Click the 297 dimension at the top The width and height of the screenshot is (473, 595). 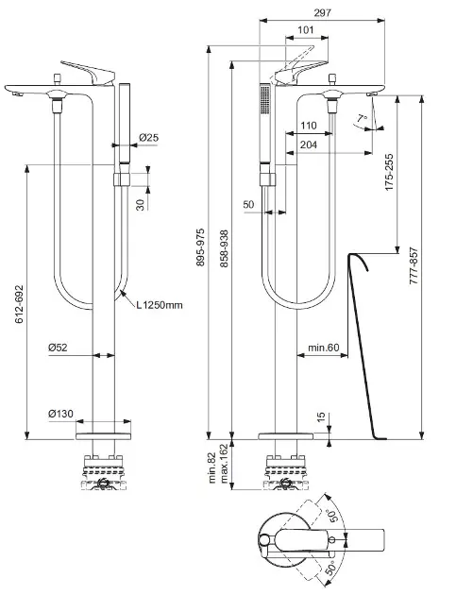pos(322,12)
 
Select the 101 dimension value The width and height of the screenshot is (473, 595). pos(306,29)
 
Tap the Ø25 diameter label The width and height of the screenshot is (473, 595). pos(148,137)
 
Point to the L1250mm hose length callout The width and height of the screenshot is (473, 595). pos(160,305)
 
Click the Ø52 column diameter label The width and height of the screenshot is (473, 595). pos(58,348)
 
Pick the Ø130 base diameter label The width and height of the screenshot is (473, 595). pos(60,414)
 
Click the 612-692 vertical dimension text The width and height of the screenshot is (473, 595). pos(19,304)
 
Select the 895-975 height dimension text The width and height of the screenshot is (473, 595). pos(200,247)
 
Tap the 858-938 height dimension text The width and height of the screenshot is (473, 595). pos(224,248)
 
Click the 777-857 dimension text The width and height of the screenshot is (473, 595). pos(414,266)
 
